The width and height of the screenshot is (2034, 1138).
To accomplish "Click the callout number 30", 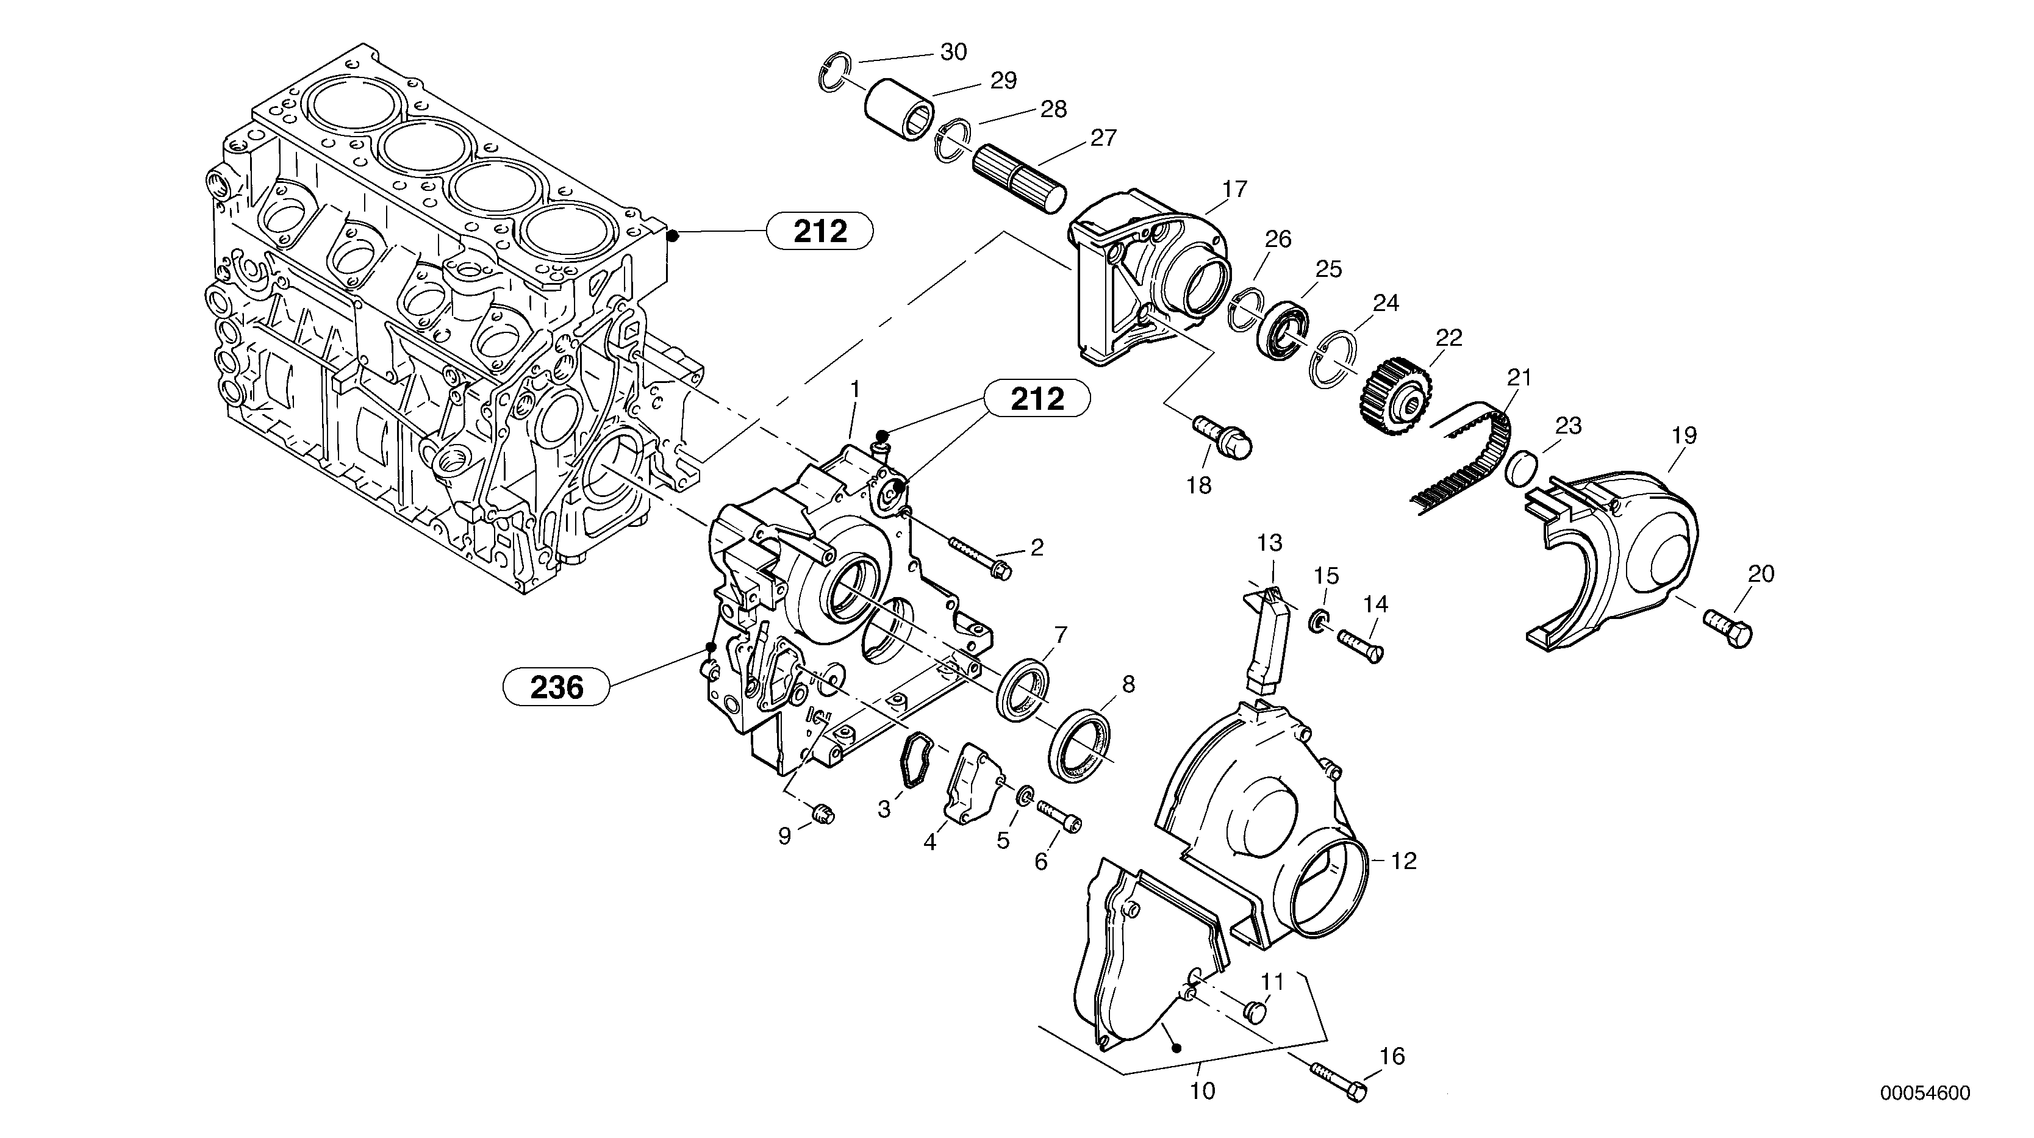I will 953,52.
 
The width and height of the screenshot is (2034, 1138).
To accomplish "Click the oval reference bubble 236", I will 557,687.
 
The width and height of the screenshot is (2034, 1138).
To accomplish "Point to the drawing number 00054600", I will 1924,1093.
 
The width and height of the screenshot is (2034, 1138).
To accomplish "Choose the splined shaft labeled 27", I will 1019,179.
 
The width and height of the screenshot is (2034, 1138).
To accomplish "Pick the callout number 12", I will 1403,861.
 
